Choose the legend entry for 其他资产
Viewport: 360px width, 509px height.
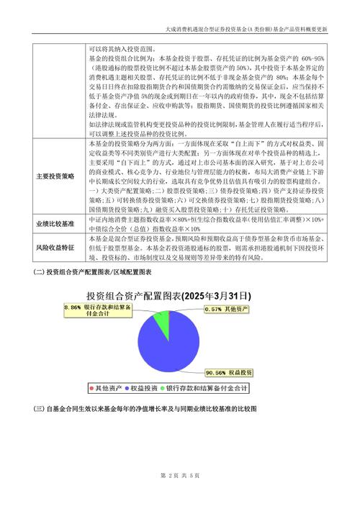[104, 388]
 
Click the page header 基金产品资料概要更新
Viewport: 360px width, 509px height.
[296, 29]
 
